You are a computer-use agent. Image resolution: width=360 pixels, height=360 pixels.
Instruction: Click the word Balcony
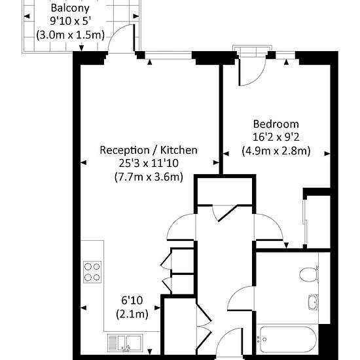[70, 9]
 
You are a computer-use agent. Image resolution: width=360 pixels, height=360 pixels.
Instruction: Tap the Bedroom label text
[276, 124]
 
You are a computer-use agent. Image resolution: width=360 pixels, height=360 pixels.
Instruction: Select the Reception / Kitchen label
[149, 150]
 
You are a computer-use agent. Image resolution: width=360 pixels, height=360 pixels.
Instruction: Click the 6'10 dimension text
[132, 300]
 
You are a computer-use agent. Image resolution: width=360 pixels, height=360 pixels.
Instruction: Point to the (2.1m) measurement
[132, 314]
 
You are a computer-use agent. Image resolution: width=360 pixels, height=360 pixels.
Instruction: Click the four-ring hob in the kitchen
[92, 272]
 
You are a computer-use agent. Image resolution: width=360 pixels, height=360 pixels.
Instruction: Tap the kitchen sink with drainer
[125, 342]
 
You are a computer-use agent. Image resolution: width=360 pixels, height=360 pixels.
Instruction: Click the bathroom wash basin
[313, 302]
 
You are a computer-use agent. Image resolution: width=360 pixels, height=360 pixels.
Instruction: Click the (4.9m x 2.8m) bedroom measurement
[276, 151]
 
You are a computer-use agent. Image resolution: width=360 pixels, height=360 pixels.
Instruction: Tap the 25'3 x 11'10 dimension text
[149, 163]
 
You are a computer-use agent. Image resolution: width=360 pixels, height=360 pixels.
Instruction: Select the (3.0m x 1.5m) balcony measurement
[70, 35]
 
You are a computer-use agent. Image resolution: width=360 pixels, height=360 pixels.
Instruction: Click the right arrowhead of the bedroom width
[327, 154]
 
